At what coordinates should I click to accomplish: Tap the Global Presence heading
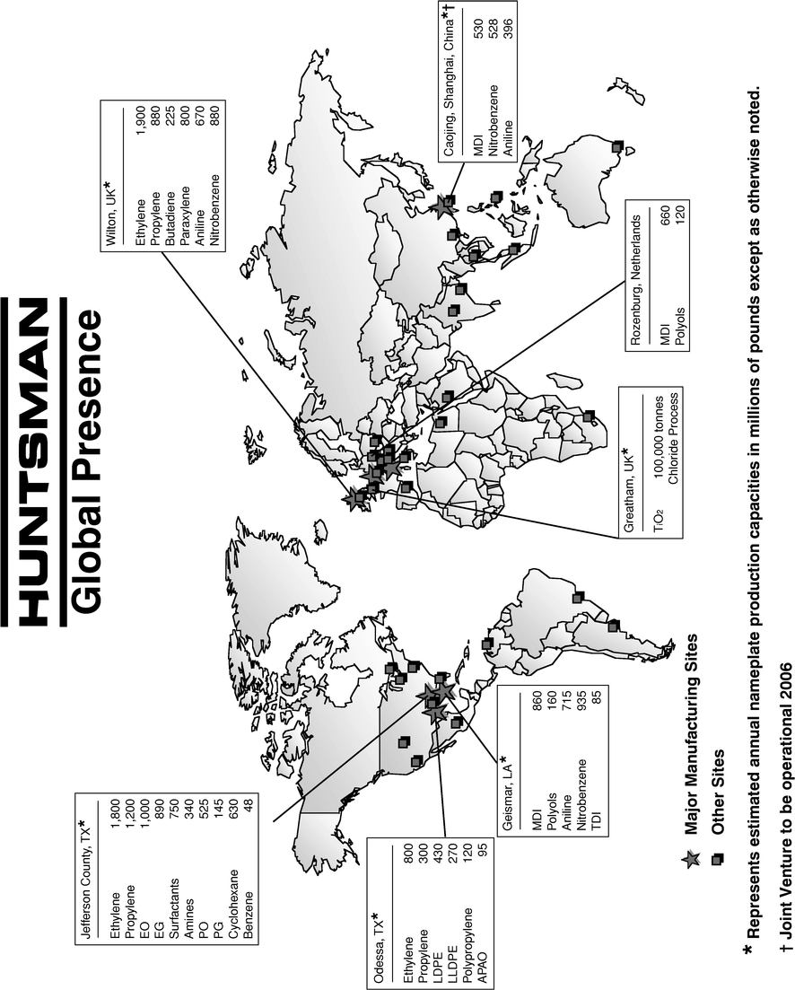tap(90, 467)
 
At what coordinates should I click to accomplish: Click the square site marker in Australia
tap(616, 146)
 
